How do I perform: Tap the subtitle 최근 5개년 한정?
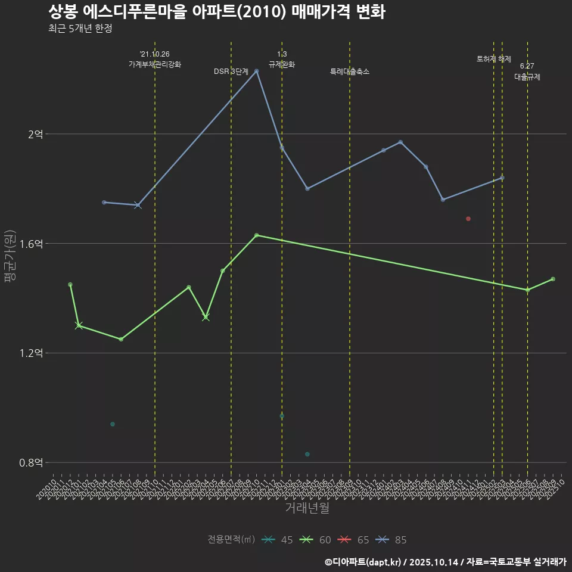(x=80, y=29)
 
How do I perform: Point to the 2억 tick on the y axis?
(x=35, y=135)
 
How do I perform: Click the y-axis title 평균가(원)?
(x=10, y=257)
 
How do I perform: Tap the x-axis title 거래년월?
(x=307, y=508)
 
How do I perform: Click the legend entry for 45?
(x=277, y=540)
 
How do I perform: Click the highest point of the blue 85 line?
(x=256, y=71)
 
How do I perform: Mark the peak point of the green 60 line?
(x=256, y=235)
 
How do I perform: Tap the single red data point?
(x=468, y=219)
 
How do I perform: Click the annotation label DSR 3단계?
(x=231, y=71)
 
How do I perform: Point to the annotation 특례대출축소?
(x=350, y=71)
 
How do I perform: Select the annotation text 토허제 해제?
(x=494, y=59)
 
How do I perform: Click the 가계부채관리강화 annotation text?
(x=155, y=64)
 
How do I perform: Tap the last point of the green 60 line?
(x=553, y=279)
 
